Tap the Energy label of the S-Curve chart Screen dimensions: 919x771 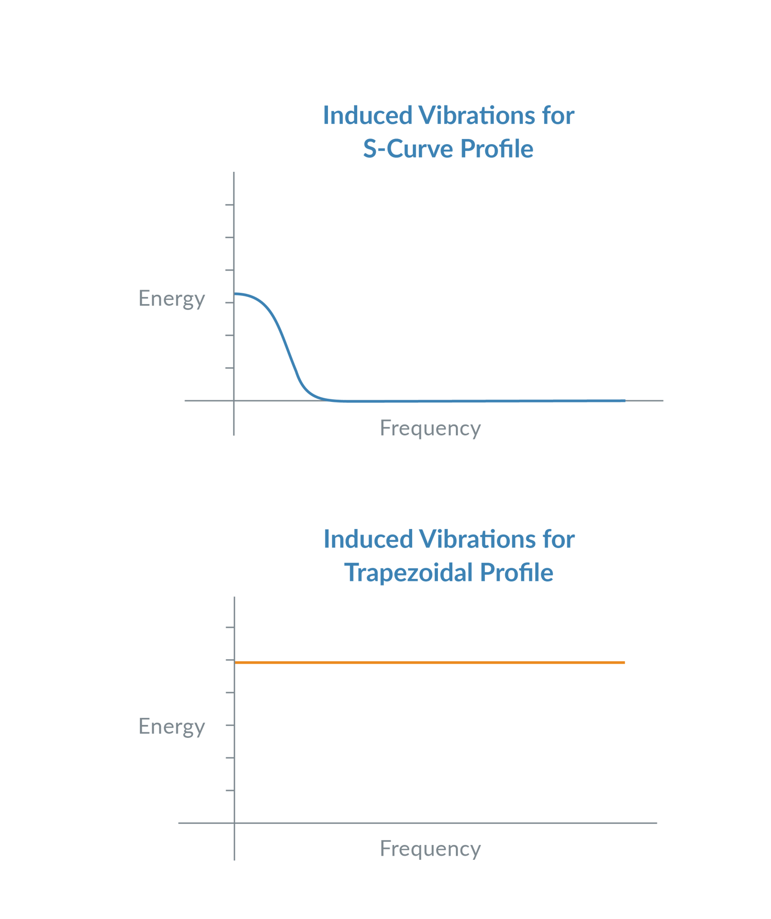tap(172, 298)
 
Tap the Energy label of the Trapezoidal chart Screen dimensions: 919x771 tap(172, 726)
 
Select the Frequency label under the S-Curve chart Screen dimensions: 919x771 tap(430, 428)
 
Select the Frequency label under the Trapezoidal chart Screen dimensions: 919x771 tap(430, 849)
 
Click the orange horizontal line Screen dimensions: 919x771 tap(430, 662)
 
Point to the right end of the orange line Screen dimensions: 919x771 tap(624, 662)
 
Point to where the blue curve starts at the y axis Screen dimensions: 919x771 tap(235, 294)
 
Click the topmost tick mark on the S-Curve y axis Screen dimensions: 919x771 tap(229, 205)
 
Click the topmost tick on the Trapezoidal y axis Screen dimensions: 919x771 tap(229, 627)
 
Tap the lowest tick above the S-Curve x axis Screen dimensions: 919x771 tap(229, 368)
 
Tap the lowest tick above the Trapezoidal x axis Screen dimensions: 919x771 tap(229, 790)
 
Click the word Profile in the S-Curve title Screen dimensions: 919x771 tap(497, 149)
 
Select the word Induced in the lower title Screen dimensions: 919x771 tap(368, 540)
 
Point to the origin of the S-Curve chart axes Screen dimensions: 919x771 tap(234, 400)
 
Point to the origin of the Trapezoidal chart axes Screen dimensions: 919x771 tap(234, 823)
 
